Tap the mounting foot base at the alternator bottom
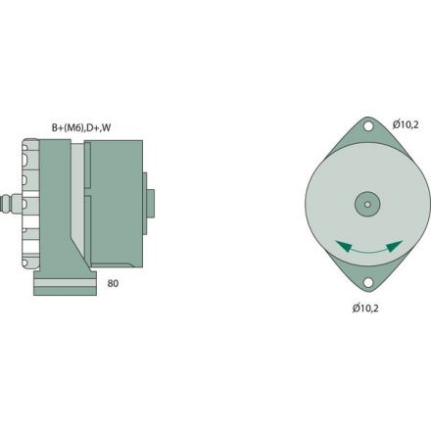pos(66,285)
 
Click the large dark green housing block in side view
pos(115,206)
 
